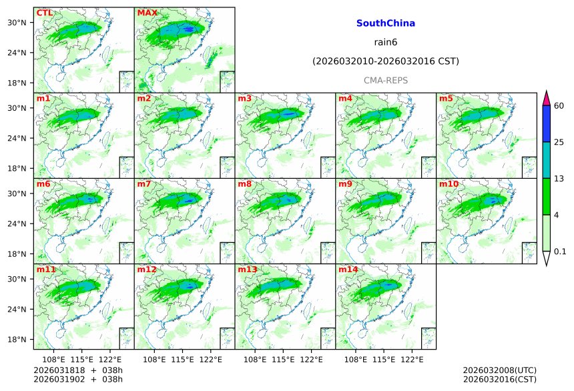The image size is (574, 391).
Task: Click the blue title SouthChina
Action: pyautogui.click(x=385, y=23)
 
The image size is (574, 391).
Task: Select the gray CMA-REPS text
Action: pyautogui.click(x=385, y=80)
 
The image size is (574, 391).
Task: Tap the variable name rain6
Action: pyautogui.click(x=385, y=42)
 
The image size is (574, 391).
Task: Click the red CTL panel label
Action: pyautogui.click(x=44, y=13)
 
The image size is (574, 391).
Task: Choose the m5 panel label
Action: pyautogui.click(x=446, y=99)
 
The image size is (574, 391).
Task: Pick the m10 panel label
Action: pyautogui.click(x=449, y=184)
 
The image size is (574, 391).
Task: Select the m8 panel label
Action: pyautogui.click(x=244, y=184)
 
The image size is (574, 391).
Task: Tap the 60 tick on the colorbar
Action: pyautogui.click(x=559, y=105)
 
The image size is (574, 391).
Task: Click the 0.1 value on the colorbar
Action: pyautogui.click(x=560, y=252)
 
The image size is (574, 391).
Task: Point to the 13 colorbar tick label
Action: pyautogui.click(x=559, y=178)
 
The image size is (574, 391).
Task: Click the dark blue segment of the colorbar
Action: pyautogui.click(x=546, y=123)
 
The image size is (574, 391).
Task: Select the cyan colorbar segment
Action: pyautogui.click(x=546, y=160)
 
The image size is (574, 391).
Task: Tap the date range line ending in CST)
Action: pyautogui.click(x=385, y=61)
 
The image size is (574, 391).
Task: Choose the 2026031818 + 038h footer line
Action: pyautogui.click(x=73, y=370)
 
